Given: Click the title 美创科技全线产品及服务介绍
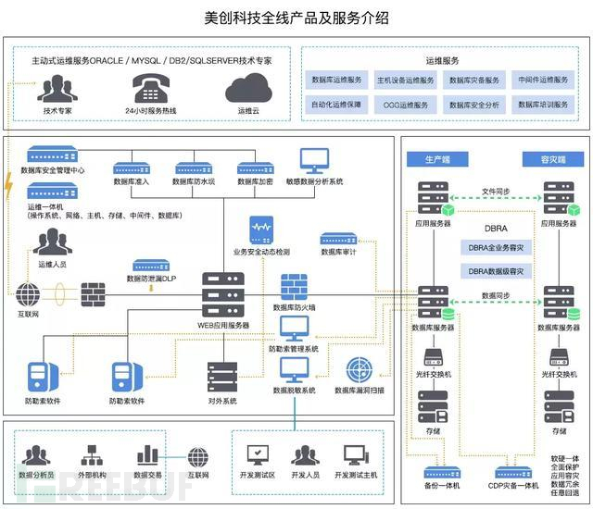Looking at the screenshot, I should click(296, 18).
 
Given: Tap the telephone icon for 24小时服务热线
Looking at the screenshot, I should click(150, 90).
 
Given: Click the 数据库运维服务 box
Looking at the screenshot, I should click(338, 81).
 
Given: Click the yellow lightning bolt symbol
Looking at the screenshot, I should click(10, 188).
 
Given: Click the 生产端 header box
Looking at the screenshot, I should click(435, 160).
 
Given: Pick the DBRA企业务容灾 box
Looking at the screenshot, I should click(496, 247).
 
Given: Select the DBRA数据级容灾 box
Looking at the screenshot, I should click(496, 271).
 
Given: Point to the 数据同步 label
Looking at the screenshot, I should click(497, 294).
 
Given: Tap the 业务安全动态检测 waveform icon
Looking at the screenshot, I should click(261, 229).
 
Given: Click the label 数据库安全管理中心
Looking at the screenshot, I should click(54, 170).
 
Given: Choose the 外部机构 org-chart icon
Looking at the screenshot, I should click(92, 456).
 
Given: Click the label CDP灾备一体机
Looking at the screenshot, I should click(512, 487).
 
